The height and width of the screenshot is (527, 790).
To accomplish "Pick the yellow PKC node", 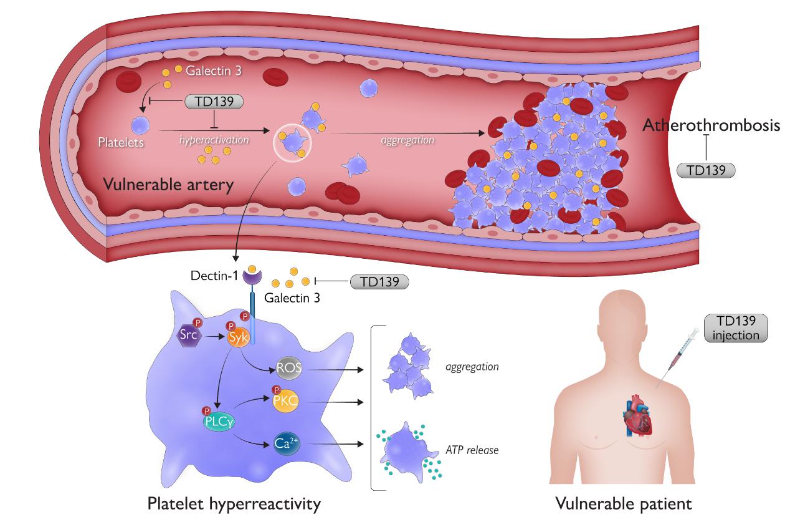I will [285, 402].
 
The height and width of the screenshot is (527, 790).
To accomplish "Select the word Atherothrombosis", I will [711, 125].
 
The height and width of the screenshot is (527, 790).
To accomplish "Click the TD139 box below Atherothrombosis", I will [706, 170].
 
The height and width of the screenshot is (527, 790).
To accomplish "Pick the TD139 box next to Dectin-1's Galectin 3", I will [379, 281].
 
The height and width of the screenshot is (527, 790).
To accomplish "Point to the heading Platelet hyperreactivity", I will [234, 503].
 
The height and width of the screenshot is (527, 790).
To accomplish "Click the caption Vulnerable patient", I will [623, 503].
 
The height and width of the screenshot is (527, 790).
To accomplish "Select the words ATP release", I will [472, 449].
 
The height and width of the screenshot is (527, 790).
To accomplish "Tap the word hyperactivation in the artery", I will [214, 140].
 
